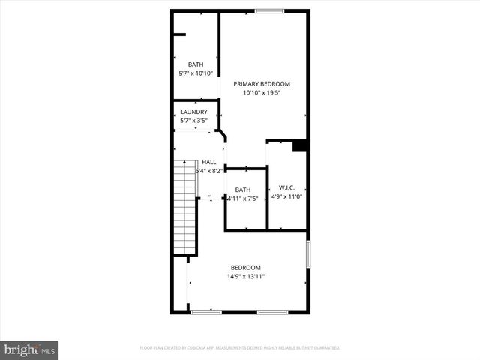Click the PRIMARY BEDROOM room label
coord(261,83)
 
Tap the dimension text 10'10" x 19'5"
coord(261,94)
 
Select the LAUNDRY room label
coord(193,112)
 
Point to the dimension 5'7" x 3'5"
coord(193,121)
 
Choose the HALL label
coord(209,162)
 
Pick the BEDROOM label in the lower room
coord(245,268)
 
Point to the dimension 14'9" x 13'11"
coord(245,277)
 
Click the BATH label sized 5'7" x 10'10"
coord(196,64)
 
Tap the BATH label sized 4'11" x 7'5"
coord(243,190)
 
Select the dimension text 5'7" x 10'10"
coord(196,73)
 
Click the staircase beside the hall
coord(184,206)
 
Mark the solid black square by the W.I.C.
coord(300,145)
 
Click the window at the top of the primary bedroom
coord(269,10)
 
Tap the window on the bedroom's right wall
coord(307,253)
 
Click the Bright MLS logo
coord(30,349)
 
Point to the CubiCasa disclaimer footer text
coord(240,348)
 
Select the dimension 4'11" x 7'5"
coord(243,199)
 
